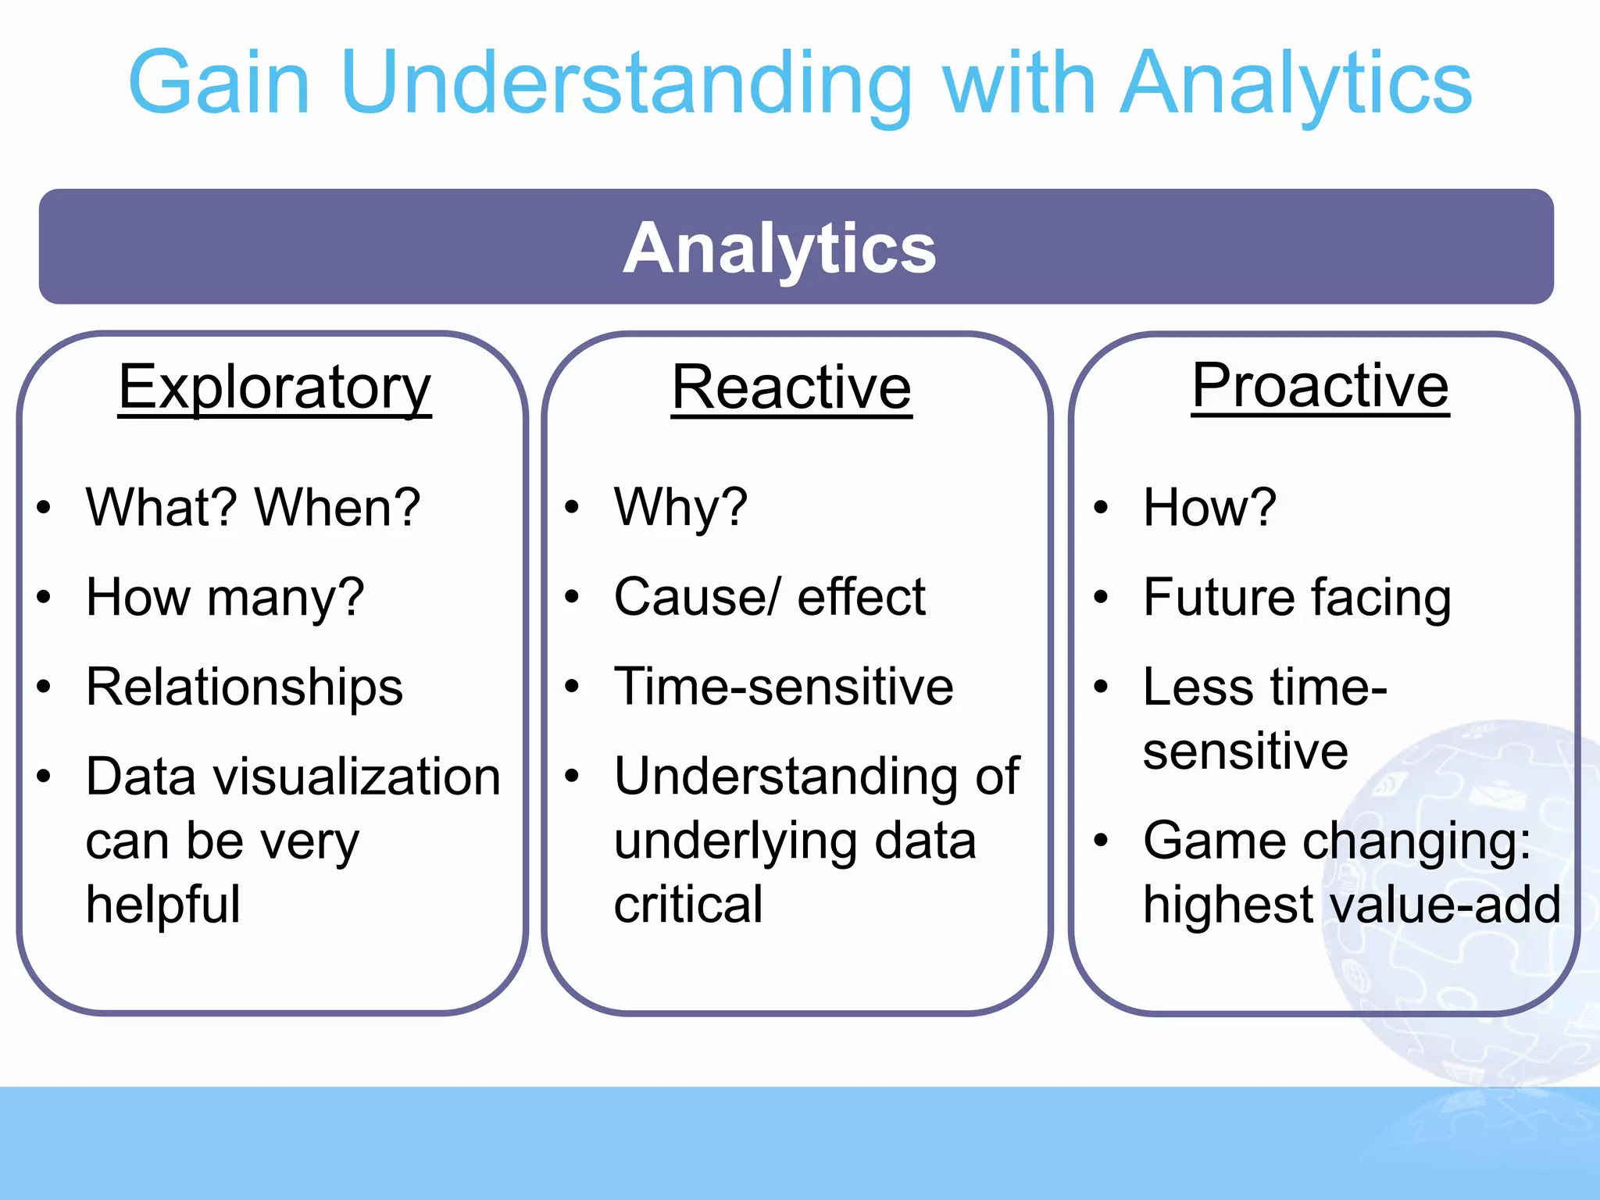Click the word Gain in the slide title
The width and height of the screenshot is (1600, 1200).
coord(220,83)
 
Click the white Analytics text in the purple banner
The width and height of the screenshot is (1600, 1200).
coord(779,248)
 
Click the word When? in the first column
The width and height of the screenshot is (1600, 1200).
coord(338,507)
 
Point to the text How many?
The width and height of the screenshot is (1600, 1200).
coord(225,597)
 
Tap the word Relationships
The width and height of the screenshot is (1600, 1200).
coord(244,687)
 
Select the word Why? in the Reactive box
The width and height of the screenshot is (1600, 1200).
coord(680,507)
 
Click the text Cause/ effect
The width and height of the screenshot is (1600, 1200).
coord(770,597)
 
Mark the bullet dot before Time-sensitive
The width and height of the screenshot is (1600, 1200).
coord(573,687)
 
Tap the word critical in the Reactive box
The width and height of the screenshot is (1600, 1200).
coord(687,904)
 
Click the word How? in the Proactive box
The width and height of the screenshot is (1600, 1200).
coord(1209,507)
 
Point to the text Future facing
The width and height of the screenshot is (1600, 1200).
coord(1297,597)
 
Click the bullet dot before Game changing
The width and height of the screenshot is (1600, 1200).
coord(1101,841)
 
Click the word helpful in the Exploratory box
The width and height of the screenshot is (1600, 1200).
coord(162,904)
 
